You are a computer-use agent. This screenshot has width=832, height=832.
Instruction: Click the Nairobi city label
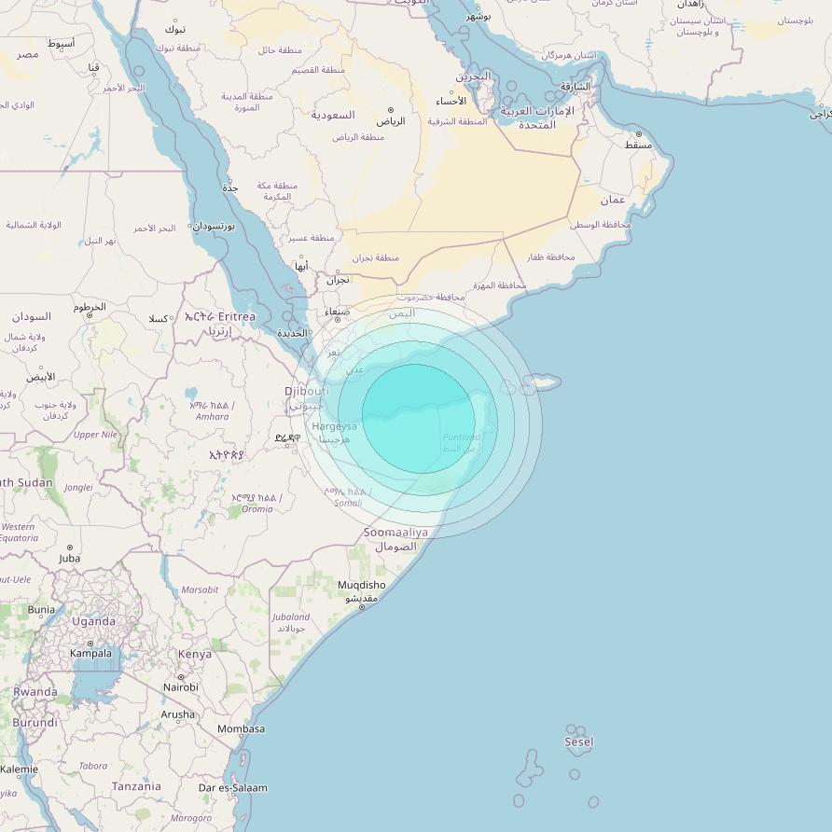point(181,687)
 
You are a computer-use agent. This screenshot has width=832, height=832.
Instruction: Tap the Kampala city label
point(90,654)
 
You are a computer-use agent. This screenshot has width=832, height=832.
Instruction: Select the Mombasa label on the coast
point(241,729)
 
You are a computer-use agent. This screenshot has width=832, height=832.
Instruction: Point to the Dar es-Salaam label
point(232,788)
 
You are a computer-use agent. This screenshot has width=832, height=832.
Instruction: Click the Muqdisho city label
point(361,586)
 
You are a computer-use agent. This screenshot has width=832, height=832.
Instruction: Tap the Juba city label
point(69,559)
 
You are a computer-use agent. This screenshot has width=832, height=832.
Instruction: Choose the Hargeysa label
point(334,426)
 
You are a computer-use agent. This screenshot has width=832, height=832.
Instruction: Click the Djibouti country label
point(307,391)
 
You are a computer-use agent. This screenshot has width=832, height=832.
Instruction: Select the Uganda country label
point(94,621)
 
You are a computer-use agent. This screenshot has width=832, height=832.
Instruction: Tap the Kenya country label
point(195,655)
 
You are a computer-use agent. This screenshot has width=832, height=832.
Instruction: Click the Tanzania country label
point(136,786)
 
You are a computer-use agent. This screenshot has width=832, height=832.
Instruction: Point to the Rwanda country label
point(35,692)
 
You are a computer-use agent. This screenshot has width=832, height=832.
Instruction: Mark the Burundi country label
point(35,723)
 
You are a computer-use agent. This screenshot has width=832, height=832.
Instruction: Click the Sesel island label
point(578,742)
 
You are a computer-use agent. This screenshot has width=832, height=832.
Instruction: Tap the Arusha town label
point(178,715)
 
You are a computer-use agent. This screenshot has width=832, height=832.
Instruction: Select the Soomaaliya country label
point(395,533)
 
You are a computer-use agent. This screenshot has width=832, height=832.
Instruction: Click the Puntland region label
point(462,437)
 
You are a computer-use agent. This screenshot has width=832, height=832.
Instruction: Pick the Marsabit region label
point(200,590)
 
